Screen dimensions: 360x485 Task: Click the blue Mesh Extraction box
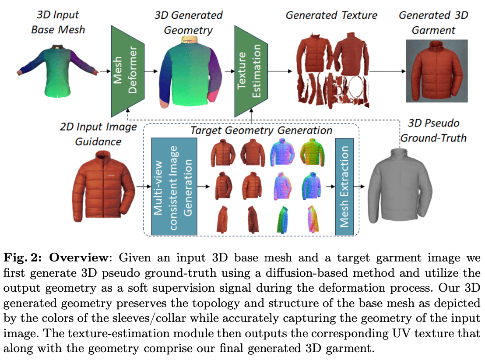(344, 187)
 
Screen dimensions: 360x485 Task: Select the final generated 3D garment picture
(436, 70)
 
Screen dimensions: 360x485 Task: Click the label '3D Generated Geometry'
(188, 22)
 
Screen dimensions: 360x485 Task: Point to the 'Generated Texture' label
(331, 15)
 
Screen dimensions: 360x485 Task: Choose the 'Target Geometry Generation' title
(261, 130)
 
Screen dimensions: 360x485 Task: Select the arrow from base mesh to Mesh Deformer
(104, 71)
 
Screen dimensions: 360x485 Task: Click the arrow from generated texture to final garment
(385, 71)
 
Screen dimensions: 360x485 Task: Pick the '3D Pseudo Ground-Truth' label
(433, 131)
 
